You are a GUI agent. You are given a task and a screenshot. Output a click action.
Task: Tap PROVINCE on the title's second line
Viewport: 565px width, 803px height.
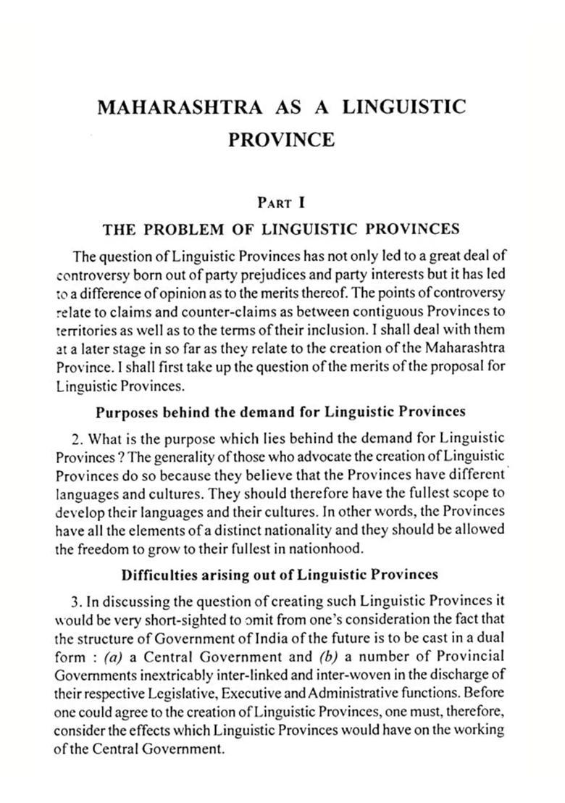coord(282,139)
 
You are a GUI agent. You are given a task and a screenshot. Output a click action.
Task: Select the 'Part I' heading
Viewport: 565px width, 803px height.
coord(282,204)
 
